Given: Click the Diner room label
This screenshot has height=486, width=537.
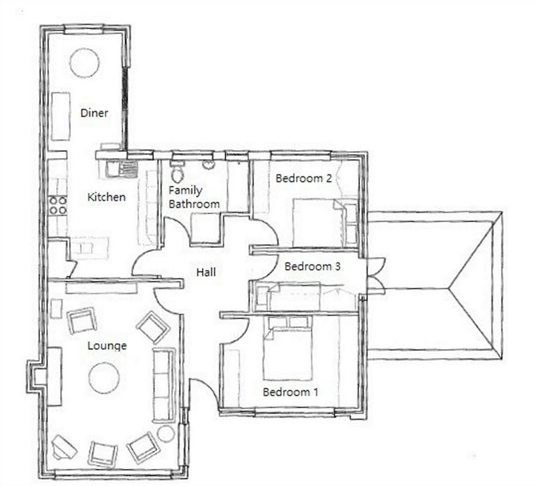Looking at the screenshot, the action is coord(94,113).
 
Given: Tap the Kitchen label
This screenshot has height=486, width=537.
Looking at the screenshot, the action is coord(107,197).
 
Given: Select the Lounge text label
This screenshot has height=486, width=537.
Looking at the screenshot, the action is coord(107,346).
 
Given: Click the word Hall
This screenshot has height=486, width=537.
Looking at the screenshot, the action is coord(206,272).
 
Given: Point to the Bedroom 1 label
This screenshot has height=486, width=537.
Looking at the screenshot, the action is coord(290,392).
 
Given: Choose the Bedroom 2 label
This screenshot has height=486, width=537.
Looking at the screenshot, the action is coord(304,178).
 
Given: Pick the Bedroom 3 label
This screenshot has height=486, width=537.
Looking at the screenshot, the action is coord(312,266).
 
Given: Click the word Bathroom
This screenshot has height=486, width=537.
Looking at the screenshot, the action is coord(194,204).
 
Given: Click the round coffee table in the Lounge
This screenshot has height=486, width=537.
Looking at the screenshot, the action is coord(104,378).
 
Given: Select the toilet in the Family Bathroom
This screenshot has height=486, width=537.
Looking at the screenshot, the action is coord(177,171).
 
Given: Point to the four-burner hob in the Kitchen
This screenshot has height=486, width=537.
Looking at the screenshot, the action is coord(58,206).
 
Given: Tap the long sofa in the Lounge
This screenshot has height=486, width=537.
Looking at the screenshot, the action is coord(164,385).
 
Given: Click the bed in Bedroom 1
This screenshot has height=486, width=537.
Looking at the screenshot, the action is coord(288,348).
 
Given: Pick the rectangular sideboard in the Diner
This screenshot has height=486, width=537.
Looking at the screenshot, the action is coord(61,116).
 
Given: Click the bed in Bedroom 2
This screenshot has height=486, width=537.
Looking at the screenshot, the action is coord(325,223).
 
